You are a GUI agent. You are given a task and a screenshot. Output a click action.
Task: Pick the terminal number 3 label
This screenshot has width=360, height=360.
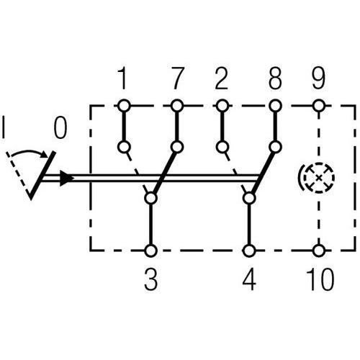point(151,279)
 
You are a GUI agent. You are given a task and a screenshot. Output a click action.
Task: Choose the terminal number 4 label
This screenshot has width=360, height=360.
point(249,279)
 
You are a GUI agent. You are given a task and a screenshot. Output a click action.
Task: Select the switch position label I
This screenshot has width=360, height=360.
point(6,130)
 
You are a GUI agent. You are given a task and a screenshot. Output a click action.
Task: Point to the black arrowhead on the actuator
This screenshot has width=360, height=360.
point(66,178)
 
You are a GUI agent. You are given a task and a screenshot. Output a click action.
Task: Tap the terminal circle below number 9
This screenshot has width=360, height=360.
point(318,105)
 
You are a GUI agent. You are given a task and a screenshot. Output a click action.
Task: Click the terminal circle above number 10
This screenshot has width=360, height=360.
point(318,251)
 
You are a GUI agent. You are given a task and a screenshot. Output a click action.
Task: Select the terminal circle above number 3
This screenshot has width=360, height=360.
point(151,251)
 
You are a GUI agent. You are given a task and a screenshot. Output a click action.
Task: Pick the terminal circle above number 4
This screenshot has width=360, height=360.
point(249,251)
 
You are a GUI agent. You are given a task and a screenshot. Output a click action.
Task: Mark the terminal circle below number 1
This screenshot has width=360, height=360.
point(124,105)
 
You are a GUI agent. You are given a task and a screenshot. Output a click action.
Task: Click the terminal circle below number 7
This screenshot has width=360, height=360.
point(176,105)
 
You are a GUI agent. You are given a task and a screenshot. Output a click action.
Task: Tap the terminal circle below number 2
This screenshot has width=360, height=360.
point(222,105)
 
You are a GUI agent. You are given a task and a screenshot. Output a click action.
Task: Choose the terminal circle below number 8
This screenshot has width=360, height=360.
point(274,105)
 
